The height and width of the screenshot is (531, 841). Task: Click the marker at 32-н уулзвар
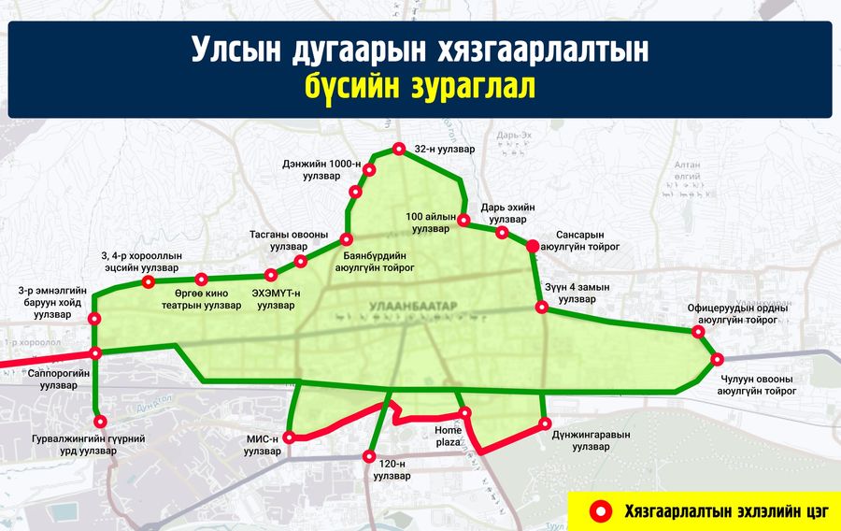click(398, 149)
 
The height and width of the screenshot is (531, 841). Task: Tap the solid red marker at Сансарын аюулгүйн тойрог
click(532, 246)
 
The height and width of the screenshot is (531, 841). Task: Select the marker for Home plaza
click(465, 413)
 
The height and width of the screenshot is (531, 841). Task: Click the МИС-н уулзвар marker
click(290, 437)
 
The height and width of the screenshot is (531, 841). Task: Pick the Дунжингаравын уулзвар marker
click(546, 424)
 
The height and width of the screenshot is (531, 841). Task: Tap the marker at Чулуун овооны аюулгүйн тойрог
click(717, 359)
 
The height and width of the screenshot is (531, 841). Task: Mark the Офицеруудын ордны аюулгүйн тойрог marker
click(699, 331)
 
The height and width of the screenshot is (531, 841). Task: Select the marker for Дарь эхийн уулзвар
click(502, 232)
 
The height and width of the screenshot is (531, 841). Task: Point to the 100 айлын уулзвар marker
click(463, 221)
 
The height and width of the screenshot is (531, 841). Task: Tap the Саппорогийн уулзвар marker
click(95, 353)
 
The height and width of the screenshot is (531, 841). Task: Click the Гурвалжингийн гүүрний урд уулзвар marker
click(100, 422)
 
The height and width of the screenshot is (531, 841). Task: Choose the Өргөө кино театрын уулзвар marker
click(201, 279)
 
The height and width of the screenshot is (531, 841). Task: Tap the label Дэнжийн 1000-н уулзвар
click(321, 170)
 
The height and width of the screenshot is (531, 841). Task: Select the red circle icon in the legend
click(604, 510)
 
